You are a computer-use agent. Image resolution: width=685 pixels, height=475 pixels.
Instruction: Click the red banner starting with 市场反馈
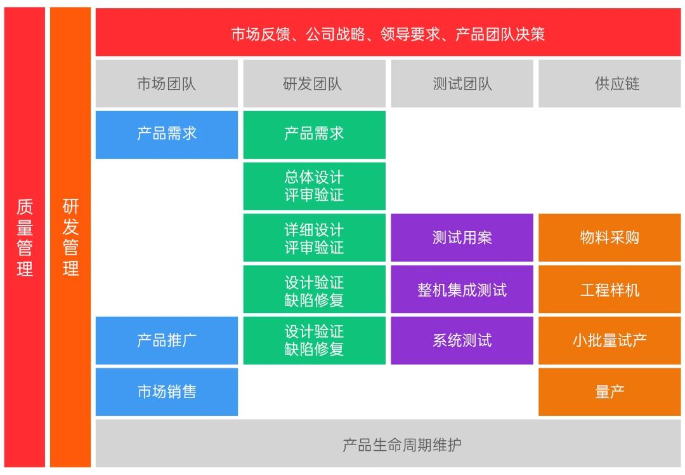pyautogui.click(x=388, y=33)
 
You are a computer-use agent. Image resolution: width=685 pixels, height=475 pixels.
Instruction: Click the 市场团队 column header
pyautogui.click(x=167, y=84)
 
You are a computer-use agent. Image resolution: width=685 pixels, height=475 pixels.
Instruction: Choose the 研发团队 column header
pyautogui.click(x=314, y=84)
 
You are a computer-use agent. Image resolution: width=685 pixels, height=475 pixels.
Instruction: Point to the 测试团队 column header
pyautogui.click(x=462, y=84)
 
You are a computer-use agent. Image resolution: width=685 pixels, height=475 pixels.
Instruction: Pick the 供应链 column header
pyautogui.click(x=610, y=84)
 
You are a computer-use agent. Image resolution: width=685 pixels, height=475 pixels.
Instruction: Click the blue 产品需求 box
pyautogui.click(x=167, y=135)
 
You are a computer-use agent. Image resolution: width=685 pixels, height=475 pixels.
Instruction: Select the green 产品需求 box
pyautogui.click(x=314, y=135)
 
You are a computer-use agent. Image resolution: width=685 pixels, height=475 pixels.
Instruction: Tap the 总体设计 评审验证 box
pyautogui.click(x=314, y=186)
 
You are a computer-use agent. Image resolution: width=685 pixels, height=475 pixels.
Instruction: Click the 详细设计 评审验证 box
pyautogui.click(x=314, y=237)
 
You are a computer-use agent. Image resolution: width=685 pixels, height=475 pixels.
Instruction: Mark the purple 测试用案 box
pyautogui.click(x=462, y=237)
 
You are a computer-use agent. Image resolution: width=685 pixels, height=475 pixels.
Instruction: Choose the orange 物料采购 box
pyautogui.click(x=610, y=237)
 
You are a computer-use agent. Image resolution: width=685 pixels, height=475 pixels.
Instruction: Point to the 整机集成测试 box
pyautogui.click(x=462, y=290)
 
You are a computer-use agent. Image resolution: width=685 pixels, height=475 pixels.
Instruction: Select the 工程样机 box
pyautogui.click(x=610, y=290)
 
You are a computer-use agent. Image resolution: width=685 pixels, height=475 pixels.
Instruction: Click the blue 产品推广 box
pyautogui.click(x=167, y=340)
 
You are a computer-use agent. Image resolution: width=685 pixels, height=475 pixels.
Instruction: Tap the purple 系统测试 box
pyautogui.click(x=462, y=340)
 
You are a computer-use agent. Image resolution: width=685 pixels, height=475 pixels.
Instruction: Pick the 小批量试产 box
pyautogui.click(x=610, y=340)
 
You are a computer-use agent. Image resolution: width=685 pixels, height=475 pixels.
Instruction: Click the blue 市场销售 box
pyautogui.click(x=167, y=392)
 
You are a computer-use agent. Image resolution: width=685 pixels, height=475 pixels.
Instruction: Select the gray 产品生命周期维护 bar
pyautogui.click(x=388, y=444)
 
